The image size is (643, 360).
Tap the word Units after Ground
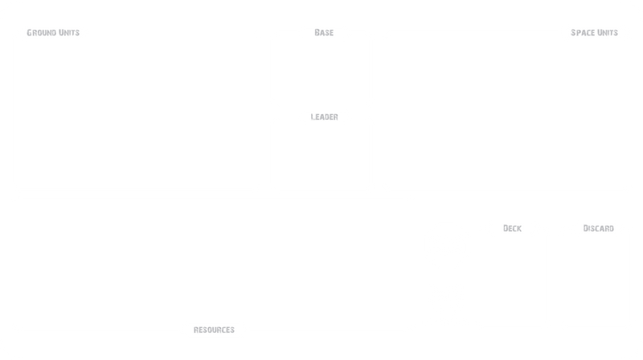[x=70, y=33]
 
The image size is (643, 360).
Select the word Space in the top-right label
[x=581, y=33]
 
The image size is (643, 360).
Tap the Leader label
[x=323, y=117]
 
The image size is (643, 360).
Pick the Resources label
[x=214, y=329]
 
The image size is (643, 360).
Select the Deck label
[x=512, y=229]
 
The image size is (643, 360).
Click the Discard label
[x=596, y=229]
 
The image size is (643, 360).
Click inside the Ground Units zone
[x=137, y=112]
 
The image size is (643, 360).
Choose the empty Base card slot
[x=323, y=71]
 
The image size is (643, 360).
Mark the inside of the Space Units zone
[x=506, y=112]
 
